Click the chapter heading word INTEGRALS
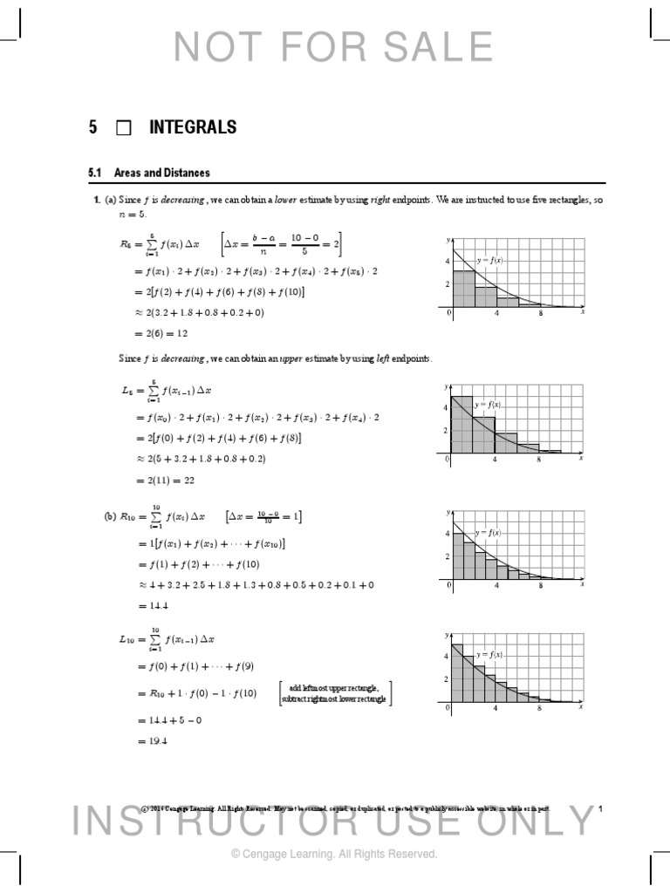pos(193,127)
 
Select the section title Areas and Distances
pos(161,173)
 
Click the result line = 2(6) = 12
pos(163,333)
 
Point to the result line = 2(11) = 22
pos(167,480)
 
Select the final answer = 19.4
pos(151,741)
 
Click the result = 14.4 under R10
pos(151,605)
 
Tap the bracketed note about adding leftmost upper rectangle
pos(336,693)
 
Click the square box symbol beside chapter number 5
pos(123,128)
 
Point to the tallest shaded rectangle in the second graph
pos(461,426)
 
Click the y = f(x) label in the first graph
pos(489,260)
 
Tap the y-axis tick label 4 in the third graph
pos(448,533)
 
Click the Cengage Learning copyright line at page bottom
pos(334,855)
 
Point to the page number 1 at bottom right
pos(601,809)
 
